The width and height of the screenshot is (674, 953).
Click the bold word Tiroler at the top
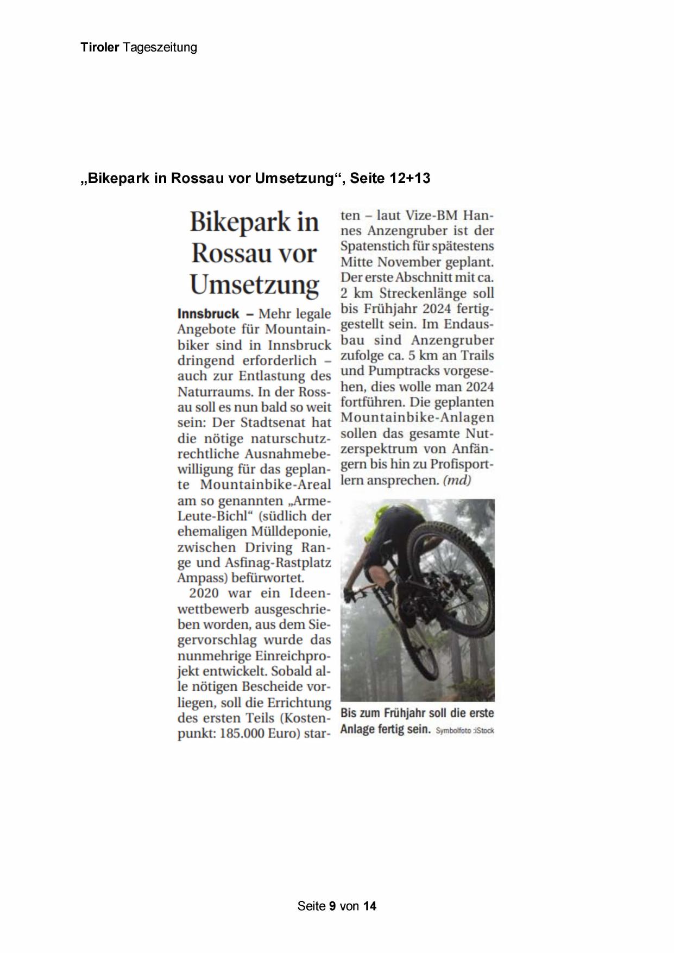(x=99, y=47)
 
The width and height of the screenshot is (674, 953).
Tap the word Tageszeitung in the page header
(x=160, y=48)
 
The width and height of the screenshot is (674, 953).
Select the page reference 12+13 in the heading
(x=410, y=178)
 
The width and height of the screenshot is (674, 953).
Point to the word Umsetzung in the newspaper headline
(x=254, y=285)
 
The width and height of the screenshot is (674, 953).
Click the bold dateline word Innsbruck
(x=208, y=314)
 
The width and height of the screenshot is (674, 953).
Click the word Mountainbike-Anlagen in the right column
(x=417, y=418)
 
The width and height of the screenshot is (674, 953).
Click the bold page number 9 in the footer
(x=332, y=906)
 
